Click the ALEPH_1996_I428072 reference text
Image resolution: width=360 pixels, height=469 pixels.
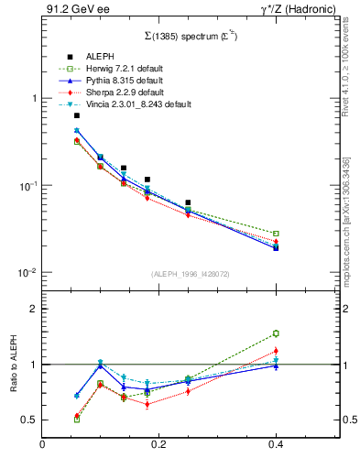click(189, 275)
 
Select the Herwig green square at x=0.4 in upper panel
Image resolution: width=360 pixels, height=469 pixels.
click(276, 234)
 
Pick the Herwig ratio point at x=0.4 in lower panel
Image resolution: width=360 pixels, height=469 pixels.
click(276, 333)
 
